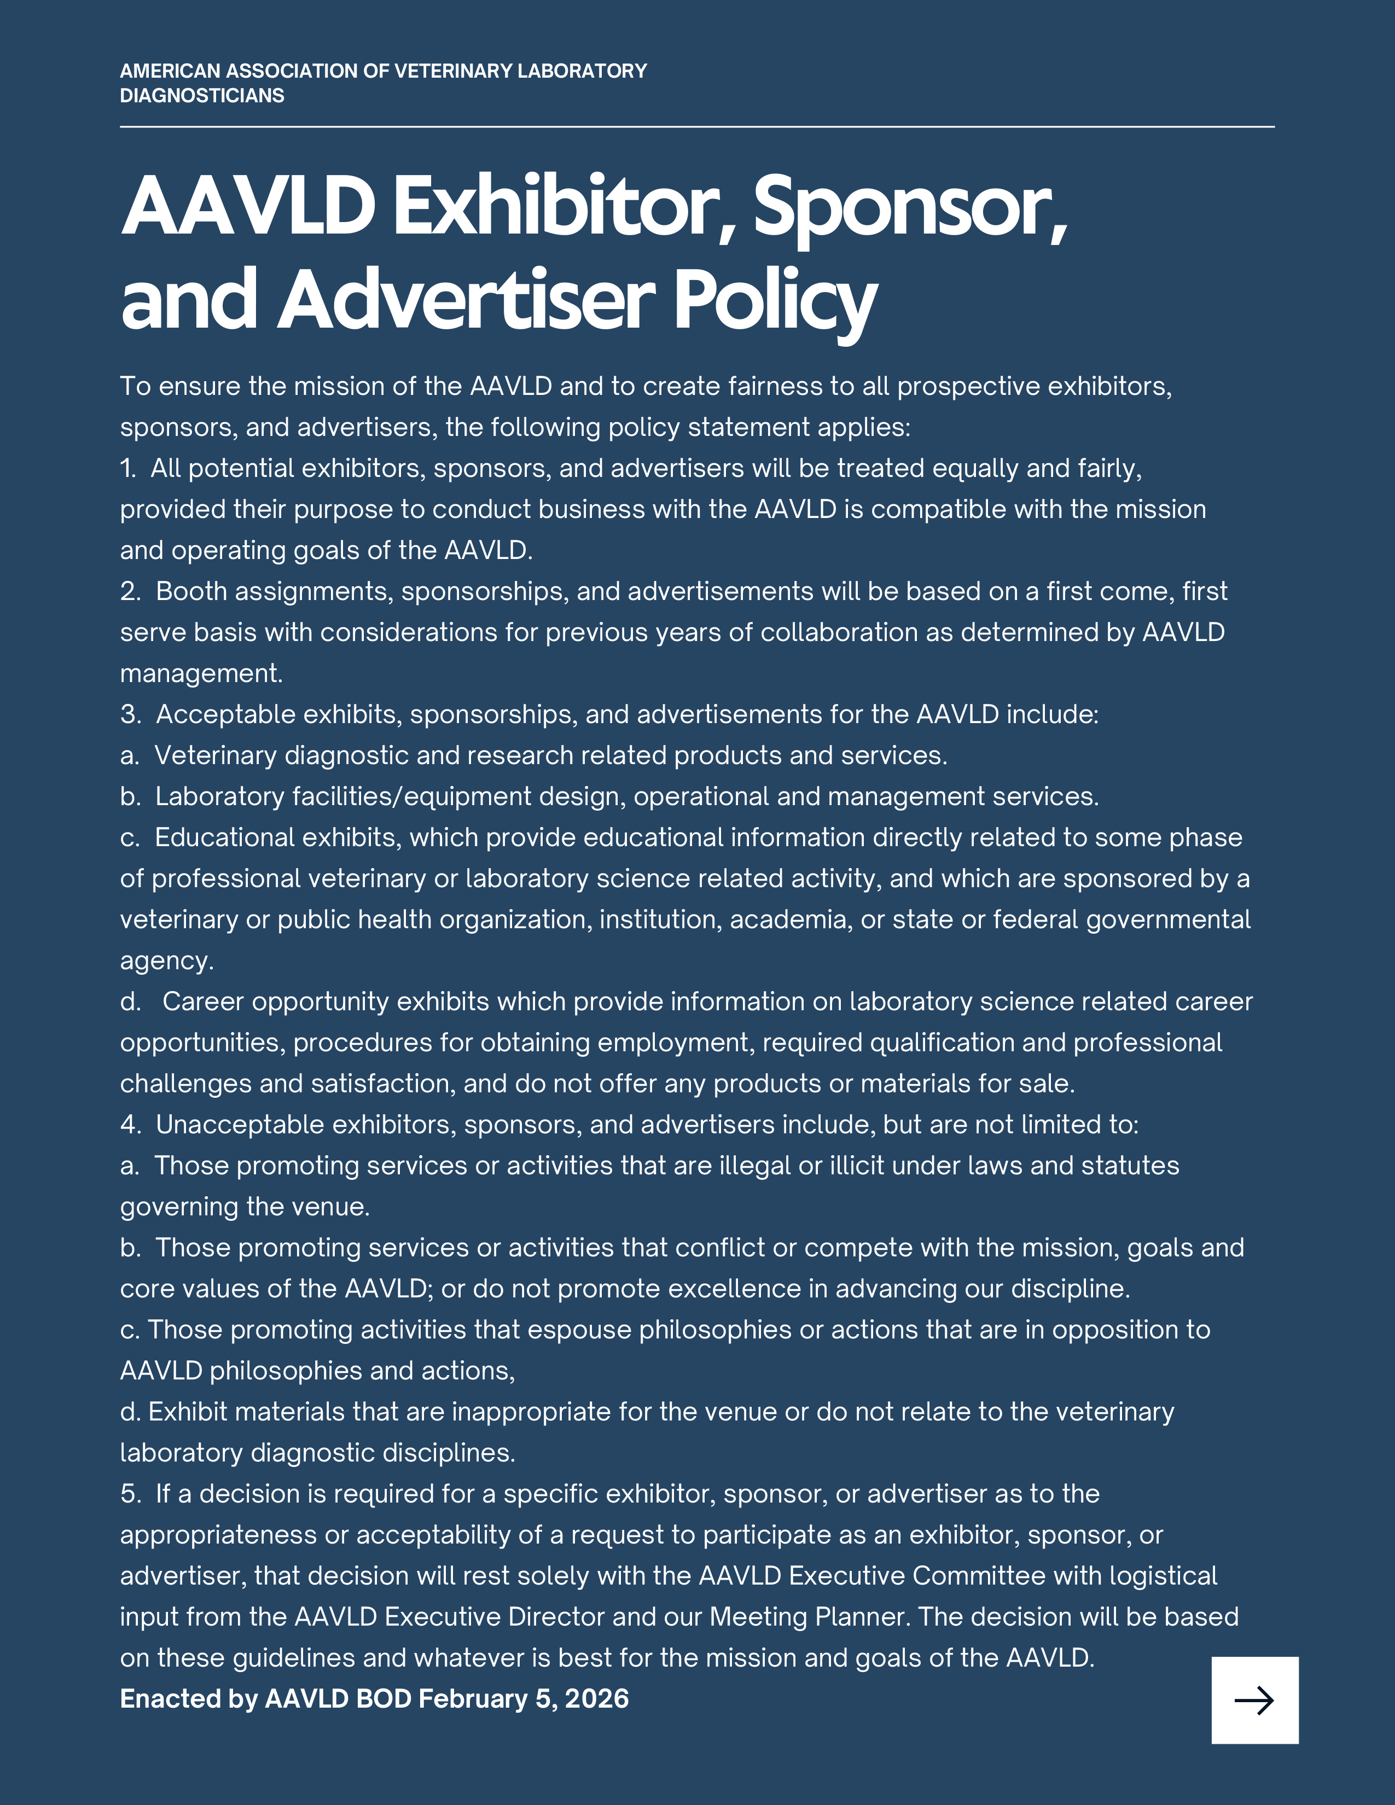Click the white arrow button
(1254, 1700)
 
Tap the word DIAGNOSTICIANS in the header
(202, 96)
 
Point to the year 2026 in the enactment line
(597, 1699)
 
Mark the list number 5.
(129, 1494)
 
